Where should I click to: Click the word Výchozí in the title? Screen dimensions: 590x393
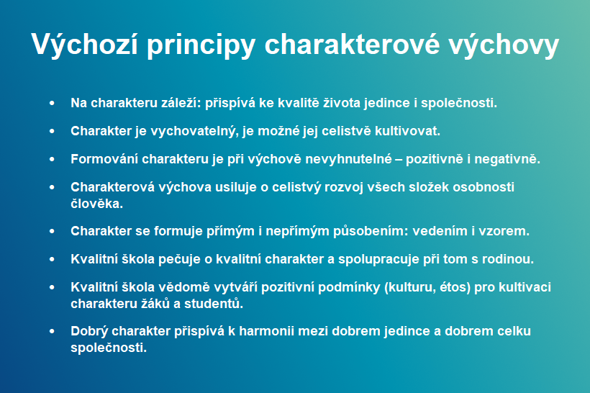point(84,45)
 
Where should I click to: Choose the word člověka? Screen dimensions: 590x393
point(96,204)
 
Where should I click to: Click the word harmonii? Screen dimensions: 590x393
point(266,331)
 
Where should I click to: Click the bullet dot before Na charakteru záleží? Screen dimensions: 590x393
point(52,103)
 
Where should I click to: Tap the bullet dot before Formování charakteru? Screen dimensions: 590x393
point(52,159)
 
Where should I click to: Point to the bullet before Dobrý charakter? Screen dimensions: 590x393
point(52,331)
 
